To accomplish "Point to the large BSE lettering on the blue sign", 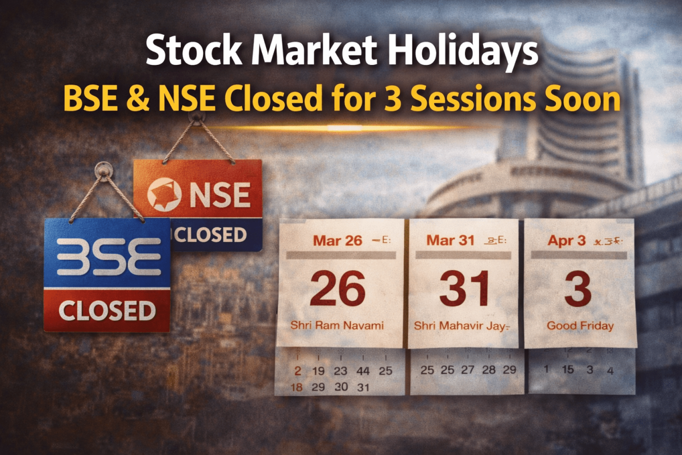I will (107, 257).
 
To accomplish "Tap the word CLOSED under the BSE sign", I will (107, 311).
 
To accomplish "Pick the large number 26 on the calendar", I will (338, 289).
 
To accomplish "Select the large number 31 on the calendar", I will (464, 289).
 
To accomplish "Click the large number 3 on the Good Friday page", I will (578, 289).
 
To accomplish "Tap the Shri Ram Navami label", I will (337, 326).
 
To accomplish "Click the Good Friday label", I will (580, 326).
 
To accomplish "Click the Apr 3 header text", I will (567, 241).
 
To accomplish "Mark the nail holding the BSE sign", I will (103, 169).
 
